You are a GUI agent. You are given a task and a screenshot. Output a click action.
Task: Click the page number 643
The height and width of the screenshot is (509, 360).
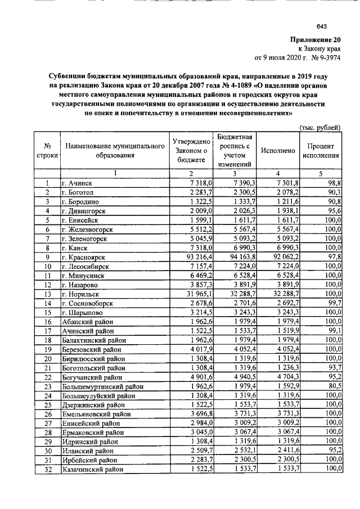(322, 27)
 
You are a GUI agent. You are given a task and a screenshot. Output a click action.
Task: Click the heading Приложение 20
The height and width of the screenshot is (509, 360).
(316, 40)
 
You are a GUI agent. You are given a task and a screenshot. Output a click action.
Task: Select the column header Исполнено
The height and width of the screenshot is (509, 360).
(277, 151)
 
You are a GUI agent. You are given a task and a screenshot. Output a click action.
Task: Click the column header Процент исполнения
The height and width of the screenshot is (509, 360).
(320, 151)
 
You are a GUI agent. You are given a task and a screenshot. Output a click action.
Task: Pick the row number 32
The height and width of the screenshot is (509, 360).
(48, 469)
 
